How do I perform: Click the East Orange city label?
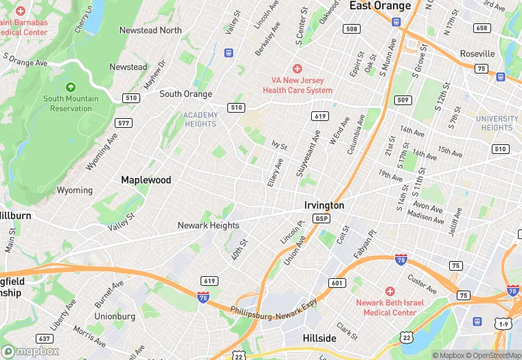coord(380,6)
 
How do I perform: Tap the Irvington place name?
coord(324,205)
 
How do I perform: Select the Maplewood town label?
coord(146,180)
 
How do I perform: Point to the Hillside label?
coord(319,338)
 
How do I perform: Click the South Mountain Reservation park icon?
coord(71,87)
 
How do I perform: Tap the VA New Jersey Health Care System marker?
coord(297,69)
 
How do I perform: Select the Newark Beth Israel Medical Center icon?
coord(390,292)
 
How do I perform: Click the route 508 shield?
coord(352,29)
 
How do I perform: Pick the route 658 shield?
coord(482,28)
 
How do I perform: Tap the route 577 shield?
coord(124,123)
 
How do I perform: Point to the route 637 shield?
coord(45,338)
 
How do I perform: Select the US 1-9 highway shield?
coord(504,323)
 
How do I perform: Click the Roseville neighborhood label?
coord(477,54)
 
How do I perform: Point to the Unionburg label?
coord(114,317)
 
